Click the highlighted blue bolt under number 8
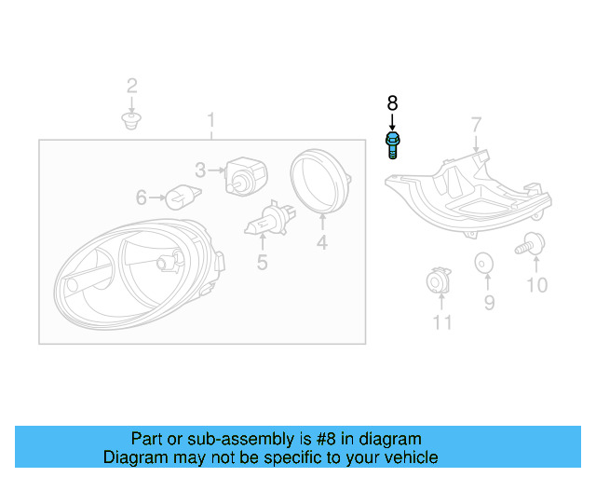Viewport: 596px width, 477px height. (x=392, y=145)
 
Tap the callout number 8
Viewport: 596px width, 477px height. (x=392, y=102)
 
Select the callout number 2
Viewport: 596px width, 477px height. (x=131, y=87)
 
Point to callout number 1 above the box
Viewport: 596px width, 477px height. (x=211, y=120)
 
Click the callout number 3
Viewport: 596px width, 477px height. (x=200, y=170)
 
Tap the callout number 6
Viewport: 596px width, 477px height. (x=142, y=198)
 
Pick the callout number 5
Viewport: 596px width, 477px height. (x=262, y=263)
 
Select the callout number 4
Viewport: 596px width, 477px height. (x=321, y=244)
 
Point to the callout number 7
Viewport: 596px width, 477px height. (x=476, y=125)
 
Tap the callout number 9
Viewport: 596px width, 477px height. (x=489, y=303)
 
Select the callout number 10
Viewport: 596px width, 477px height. (x=537, y=285)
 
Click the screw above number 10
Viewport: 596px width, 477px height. (x=531, y=245)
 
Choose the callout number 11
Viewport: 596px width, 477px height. (x=442, y=322)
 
